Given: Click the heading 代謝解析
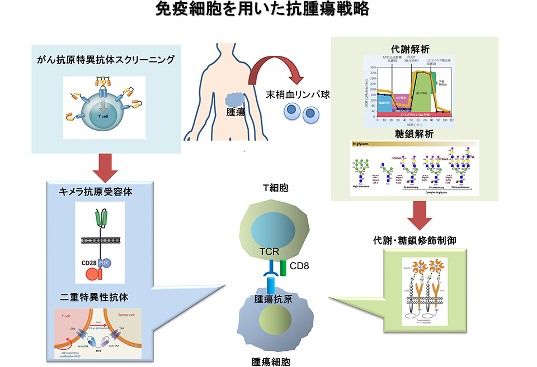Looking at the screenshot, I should [413, 49].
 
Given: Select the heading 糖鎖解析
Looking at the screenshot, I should [413, 134].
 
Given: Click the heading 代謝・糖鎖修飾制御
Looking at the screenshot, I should [414, 241].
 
